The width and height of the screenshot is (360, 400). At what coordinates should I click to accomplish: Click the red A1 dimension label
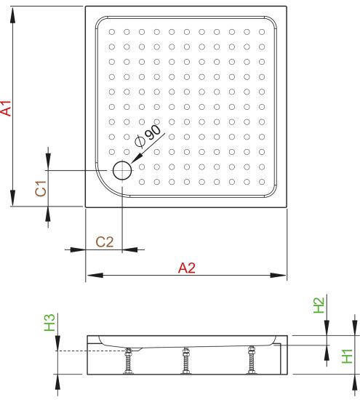[x=6, y=108]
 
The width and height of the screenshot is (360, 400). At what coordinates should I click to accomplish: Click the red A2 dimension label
[x=187, y=268]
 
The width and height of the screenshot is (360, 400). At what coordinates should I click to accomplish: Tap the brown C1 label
[x=41, y=188]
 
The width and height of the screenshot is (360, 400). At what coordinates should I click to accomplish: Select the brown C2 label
[x=105, y=242]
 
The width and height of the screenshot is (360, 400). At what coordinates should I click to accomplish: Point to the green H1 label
[x=347, y=356]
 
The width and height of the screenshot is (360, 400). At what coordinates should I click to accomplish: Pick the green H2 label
[x=319, y=305]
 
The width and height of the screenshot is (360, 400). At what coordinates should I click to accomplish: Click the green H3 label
[x=49, y=322]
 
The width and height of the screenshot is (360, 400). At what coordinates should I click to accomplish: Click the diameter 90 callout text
[x=148, y=137]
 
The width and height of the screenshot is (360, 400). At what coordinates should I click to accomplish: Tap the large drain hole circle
[x=122, y=170]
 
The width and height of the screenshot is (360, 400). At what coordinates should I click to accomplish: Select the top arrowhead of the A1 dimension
[x=12, y=16]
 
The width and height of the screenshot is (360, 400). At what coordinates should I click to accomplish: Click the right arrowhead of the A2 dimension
[x=278, y=275]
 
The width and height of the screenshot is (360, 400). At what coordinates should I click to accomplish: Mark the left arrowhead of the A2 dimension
[x=95, y=275]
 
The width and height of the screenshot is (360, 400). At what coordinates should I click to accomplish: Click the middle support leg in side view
[x=185, y=361]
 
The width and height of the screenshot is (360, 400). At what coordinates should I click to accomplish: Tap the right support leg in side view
[x=252, y=360]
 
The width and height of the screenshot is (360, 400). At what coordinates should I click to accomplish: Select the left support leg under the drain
[x=128, y=361]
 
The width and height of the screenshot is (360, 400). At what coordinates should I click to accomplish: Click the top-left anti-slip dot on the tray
[x=112, y=32]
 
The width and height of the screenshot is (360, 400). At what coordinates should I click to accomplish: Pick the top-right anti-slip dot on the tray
[x=262, y=32]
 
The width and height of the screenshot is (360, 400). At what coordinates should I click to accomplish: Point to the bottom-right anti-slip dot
[x=262, y=182]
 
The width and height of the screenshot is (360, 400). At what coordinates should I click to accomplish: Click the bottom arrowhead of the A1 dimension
[x=12, y=198]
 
